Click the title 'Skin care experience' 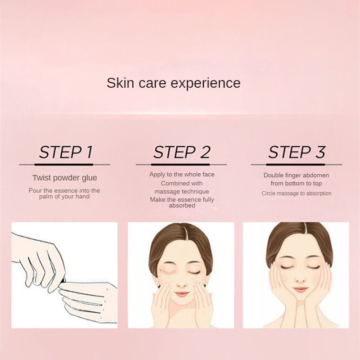click(x=174, y=83)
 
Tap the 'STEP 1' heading click(x=66, y=152)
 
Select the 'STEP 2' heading click(x=182, y=152)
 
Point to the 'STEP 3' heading click(x=297, y=152)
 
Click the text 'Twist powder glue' click(x=65, y=178)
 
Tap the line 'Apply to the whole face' click(x=182, y=175)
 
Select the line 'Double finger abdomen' click(x=296, y=175)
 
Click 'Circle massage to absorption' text click(x=297, y=193)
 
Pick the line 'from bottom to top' click(x=296, y=184)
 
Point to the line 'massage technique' click(x=182, y=192)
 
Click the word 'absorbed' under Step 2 click(x=182, y=206)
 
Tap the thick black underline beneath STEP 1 click(x=64, y=165)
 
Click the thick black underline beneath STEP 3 click(x=296, y=165)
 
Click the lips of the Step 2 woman click(x=181, y=294)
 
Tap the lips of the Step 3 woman click(x=300, y=289)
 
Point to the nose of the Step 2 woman click(x=181, y=284)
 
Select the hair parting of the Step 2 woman click(x=186, y=232)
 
